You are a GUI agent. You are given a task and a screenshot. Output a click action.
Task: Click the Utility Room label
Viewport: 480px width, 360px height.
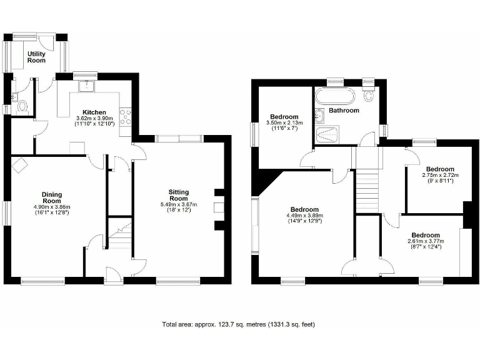point(36,57)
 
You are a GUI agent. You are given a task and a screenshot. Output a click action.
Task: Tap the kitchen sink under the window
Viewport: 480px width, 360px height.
point(87,86)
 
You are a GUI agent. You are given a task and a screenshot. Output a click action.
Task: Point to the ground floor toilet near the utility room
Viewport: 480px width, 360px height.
point(24,107)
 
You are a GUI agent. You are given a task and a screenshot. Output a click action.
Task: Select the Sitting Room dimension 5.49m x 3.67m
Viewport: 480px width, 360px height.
point(183,204)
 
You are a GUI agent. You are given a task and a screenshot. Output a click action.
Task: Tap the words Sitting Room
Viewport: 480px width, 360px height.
point(183,196)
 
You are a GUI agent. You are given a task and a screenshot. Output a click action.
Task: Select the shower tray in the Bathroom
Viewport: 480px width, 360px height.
point(328,134)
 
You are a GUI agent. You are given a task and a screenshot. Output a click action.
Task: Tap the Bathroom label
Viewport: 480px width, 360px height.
point(344,111)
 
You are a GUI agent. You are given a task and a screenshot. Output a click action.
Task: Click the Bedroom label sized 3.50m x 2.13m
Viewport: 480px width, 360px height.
point(284,117)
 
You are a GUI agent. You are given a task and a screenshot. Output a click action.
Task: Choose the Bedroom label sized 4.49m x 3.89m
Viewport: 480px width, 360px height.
point(304,209)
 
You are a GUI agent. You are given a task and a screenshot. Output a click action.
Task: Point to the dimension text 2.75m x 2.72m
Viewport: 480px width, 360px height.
point(440,176)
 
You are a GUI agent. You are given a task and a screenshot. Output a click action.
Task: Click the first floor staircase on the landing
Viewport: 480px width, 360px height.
point(367,188)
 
